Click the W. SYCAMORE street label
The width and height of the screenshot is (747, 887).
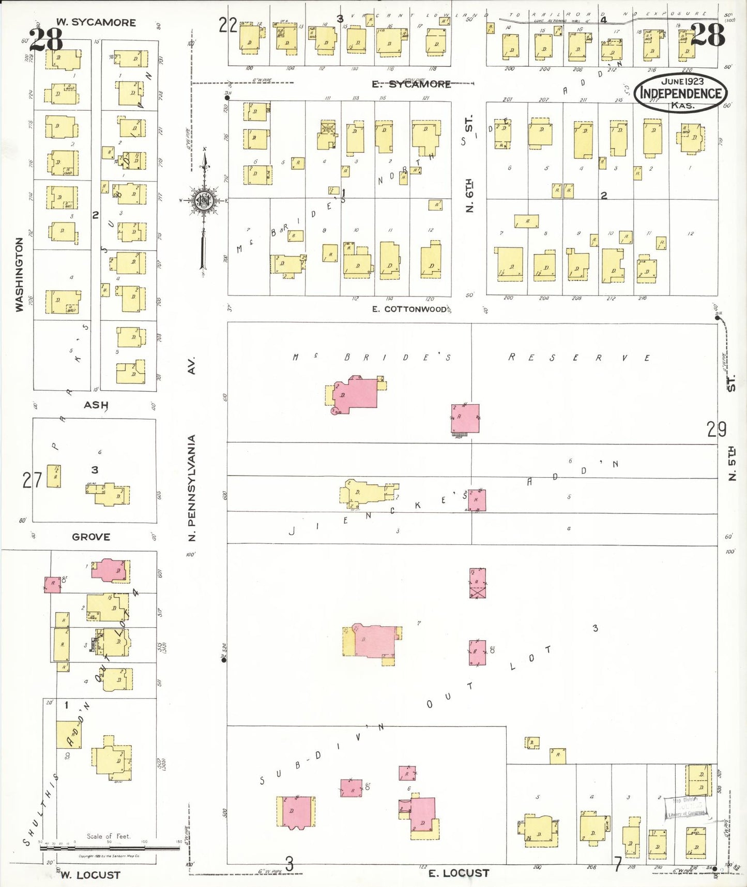[96, 22]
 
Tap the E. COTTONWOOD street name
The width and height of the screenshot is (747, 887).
[409, 309]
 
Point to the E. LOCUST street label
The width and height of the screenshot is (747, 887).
[459, 873]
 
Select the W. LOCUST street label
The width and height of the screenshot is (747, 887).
[90, 875]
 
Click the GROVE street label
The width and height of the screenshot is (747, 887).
[91, 537]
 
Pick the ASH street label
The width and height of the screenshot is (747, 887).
[96, 405]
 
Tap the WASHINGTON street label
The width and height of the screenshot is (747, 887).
[20, 274]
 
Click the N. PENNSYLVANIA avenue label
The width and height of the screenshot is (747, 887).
[192, 487]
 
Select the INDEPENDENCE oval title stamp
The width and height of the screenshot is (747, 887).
[681, 93]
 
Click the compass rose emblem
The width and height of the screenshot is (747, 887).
[204, 200]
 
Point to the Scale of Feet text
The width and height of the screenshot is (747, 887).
[109, 836]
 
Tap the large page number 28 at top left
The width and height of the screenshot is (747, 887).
[46, 39]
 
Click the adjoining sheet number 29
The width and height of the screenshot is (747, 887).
[716, 429]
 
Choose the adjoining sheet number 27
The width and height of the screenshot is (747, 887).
[32, 481]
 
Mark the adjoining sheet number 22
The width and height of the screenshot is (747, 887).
[227, 24]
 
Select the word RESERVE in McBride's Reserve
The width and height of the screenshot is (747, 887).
[579, 358]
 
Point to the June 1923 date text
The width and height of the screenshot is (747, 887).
[682, 81]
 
